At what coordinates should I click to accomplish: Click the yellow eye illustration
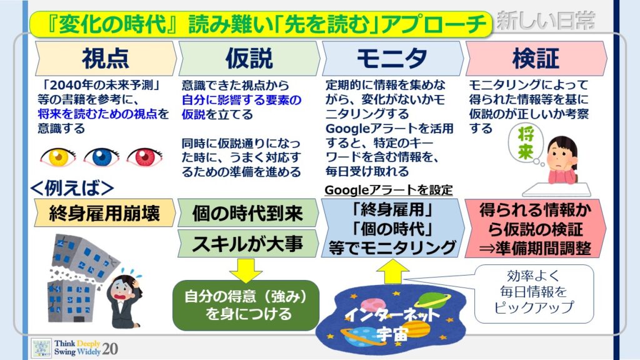[58, 157]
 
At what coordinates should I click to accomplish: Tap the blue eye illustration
[102, 157]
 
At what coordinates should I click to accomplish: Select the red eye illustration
[144, 157]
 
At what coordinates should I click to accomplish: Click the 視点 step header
[106, 58]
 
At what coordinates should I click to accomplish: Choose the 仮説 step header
[249, 58]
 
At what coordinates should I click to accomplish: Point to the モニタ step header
[392, 58]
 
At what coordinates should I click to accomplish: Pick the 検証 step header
[536, 58]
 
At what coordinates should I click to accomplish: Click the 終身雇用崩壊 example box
[104, 212]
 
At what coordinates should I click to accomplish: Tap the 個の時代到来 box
[247, 212]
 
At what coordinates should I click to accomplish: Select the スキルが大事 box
[247, 244]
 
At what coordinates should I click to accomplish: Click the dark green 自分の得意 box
[246, 305]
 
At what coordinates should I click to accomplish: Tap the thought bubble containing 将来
[526, 144]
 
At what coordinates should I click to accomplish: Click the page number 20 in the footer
[110, 349]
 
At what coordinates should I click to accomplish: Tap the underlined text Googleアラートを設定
[389, 190]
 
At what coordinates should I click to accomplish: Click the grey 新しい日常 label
[546, 21]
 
